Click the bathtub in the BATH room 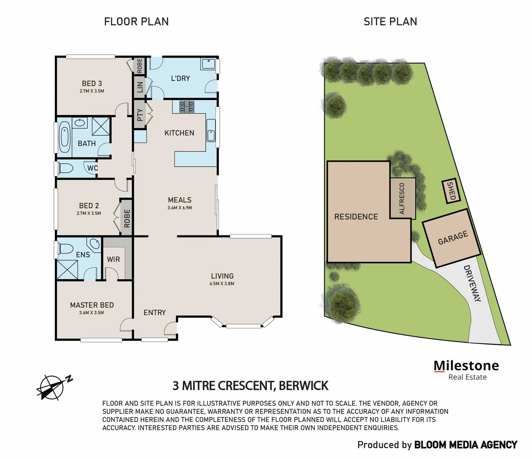(x=64, y=137)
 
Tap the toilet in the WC (x=65, y=168)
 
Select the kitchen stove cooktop (x=187, y=106)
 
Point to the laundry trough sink (x=208, y=64)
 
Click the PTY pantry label (x=140, y=115)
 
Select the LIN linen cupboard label (x=140, y=87)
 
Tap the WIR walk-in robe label (x=113, y=260)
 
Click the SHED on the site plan (x=451, y=191)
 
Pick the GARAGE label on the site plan (x=453, y=238)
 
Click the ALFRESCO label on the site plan (x=402, y=198)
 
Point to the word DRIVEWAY (x=472, y=283)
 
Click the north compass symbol (x=53, y=387)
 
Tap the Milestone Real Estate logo (x=466, y=370)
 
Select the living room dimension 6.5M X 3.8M (x=222, y=284)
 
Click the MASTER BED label (x=92, y=305)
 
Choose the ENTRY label (x=154, y=313)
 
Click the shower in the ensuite (x=67, y=269)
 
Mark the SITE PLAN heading (x=390, y=22)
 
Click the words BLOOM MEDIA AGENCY (x=465, y=445)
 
